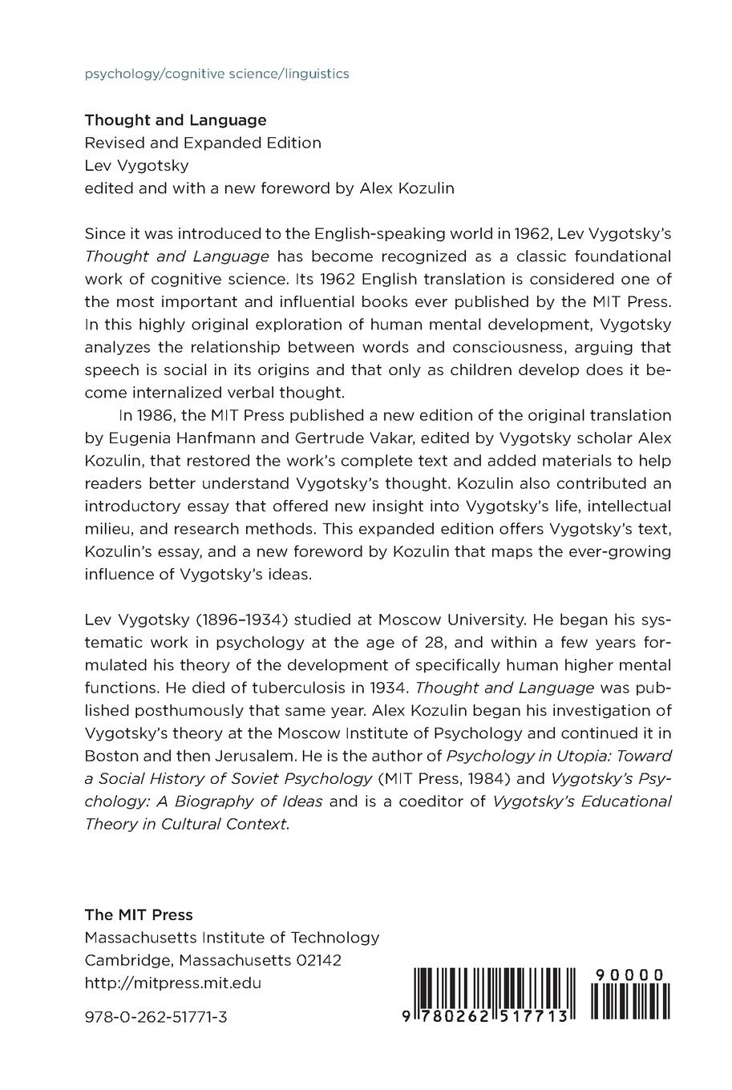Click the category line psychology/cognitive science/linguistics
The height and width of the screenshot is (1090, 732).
(x=216, y=74)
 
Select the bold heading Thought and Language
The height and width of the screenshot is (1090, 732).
(x=176, y=120)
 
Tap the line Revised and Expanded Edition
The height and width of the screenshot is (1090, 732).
(x=203, y=143)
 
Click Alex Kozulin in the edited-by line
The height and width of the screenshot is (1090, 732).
(x=406, y=188)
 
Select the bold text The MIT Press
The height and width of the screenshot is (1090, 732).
(x=139, y=914)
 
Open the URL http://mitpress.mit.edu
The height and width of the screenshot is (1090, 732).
(x=173, y=983)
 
